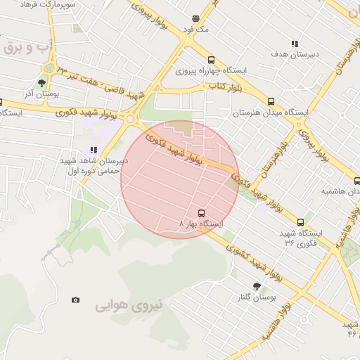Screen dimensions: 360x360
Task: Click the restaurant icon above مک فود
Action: (195, 19)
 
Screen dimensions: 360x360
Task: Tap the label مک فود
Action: (198, 30)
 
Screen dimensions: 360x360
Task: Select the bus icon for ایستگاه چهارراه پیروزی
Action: (211, 60)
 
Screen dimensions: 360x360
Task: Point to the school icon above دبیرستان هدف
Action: (295, 42)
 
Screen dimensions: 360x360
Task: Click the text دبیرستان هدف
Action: (296, 53)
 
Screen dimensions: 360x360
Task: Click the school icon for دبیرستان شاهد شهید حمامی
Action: (94, 149)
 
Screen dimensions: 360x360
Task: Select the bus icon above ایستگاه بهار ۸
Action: (202, 212)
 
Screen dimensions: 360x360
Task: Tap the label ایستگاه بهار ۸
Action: (202, 224)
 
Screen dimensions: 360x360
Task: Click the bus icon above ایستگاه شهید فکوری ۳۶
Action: (301, 222)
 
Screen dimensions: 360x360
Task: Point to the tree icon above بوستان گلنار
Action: (256, 286)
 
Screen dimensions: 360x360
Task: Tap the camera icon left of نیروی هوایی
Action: (76, 300)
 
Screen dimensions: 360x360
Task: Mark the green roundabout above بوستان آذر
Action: (47, 68)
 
